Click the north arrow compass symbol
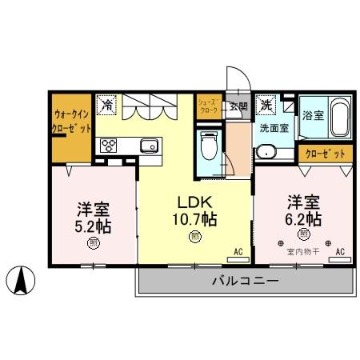(22, 281)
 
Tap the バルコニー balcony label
(245, 281)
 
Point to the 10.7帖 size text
(194, 218)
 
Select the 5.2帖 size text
(93, 226)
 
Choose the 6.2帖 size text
(304, 218)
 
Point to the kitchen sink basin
(150, 145)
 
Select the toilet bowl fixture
(209, 146)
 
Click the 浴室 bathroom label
(313, 115)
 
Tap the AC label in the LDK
(238, 251)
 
